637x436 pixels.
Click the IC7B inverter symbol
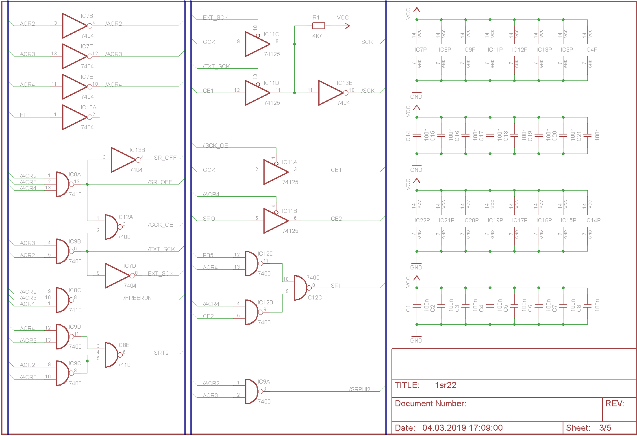tap(75, 26)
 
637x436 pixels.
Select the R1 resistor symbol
tap(318, 26)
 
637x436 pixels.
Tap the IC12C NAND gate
tap(301, 288)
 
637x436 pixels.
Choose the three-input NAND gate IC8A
tap(63, 184)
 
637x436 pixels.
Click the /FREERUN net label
tap(138, 298)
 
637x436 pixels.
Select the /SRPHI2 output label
tap(360, 389)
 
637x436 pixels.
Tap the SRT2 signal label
tap(161, 353)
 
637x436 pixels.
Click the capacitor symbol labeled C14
tap(416, 135)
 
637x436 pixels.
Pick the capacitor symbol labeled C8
tap(587, 306)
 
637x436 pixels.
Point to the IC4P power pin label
tap(591, 50)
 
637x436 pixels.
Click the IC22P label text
tap(422, 220)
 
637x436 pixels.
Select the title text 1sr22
tap(446, 385)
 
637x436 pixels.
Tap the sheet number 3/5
tap(605, 427)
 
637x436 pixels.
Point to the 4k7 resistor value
tap(317, 36)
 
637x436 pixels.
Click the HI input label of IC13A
tap(22, 115)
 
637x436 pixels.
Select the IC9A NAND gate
tap(252, 391)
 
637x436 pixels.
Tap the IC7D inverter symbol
tap(117, 275)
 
